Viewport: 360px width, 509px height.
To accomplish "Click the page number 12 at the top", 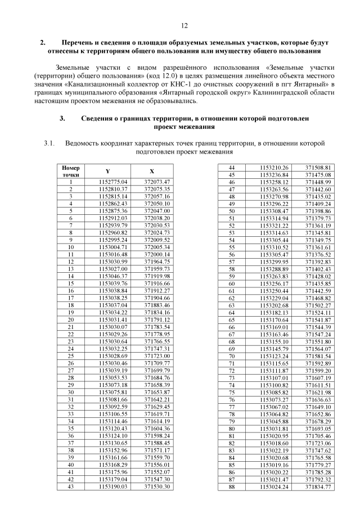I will coord(184,26).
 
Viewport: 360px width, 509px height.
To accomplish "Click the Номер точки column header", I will coord(71,171).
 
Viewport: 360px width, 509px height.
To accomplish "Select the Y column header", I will coord(108,171).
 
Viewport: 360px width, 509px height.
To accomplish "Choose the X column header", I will coord(152,171).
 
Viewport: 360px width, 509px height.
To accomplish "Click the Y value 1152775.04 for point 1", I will coord(113,182).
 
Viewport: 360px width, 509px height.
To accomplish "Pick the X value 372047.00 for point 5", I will coord(157,210).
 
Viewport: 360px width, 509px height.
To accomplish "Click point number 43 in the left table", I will coord(71,486).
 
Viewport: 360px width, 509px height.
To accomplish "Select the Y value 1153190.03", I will coord(113,486).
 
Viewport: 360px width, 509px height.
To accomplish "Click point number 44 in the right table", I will coord(231,168).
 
